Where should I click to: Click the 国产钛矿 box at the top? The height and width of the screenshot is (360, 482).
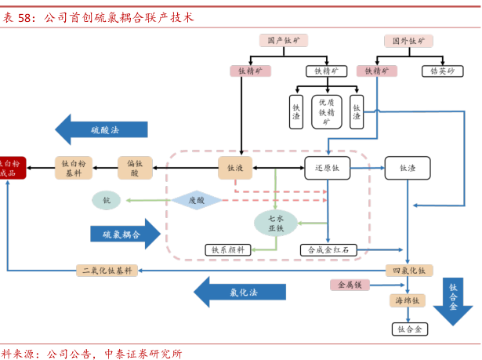pyautogui.click(x=284, y=40)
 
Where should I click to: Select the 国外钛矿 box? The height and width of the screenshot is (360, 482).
pyautogui.click(x=408, y=40)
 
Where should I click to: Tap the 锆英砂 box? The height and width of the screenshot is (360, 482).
pyautogui.click(x=442, y=71)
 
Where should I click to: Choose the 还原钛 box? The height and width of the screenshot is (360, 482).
pyautogui.click(x=327, y=168)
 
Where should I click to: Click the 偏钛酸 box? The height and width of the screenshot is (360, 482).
pyautogui.click(x=135, y=168)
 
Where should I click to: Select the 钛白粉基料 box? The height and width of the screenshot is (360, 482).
pyautogui.click(x=74, y=168)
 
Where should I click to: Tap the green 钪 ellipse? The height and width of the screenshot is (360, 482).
pyautogui.click(x=107, y=201)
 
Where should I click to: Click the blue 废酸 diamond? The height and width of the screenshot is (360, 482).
pyautogui.click(x=196, y=201)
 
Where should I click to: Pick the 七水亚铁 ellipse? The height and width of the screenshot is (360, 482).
pyautogui.click(x=276, y=224)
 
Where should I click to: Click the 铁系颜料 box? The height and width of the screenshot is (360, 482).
pyautogui.click(x=228, y=250)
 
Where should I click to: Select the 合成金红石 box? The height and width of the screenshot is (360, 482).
pyautogui.click(x=328, y=250)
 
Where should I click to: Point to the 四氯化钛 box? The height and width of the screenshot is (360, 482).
pyautogui.click(x=408, y=271)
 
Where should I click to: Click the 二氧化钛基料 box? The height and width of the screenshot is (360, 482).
pyautogui.click(x=107, y=271)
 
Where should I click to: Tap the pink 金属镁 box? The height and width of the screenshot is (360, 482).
pyautogui.click(x=350, y=285)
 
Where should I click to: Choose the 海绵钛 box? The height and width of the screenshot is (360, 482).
pyautogui.click(x=408, y=300)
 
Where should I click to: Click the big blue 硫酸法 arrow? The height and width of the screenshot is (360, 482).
pyautogui.click(x=101, y=129)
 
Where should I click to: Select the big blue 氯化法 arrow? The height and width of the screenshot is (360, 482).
pyautogui.click(x=239, y=293)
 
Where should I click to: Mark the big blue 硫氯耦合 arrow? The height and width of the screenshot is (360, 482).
pyautogui.click(x=125, y=234)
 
